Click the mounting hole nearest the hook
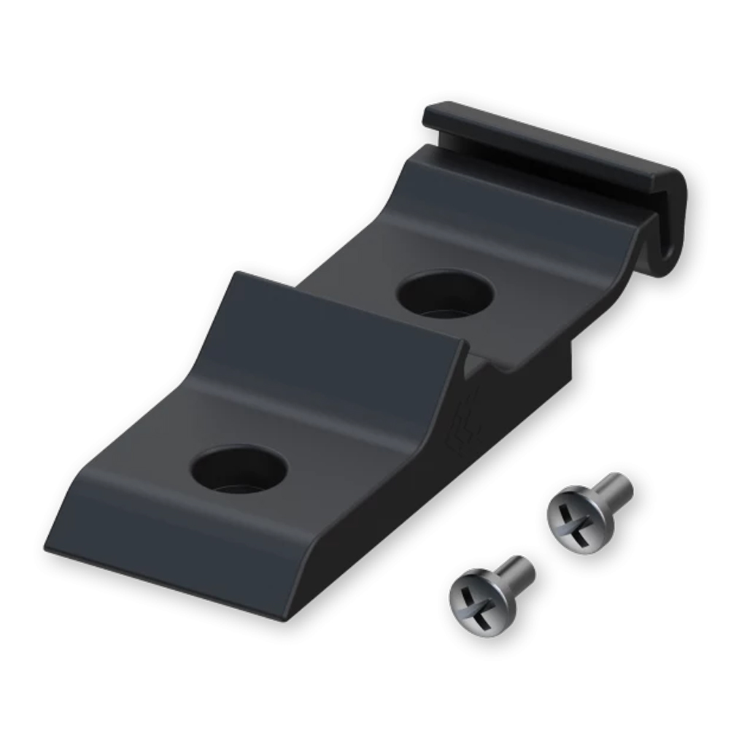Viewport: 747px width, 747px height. coord(444,295)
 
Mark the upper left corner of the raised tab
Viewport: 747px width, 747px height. coord(235,275)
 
